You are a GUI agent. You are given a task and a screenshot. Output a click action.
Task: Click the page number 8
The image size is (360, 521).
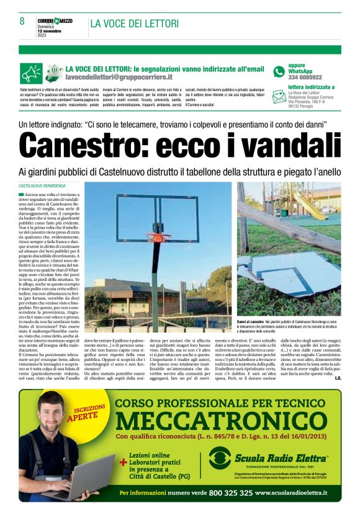pyautogui.click(x=22, y=22)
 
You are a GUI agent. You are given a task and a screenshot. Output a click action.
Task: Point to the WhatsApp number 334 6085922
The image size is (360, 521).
pyautogui.click(x=305, y=78)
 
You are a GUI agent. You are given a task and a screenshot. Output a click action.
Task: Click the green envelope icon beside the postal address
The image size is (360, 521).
pyautogui.click(x=279, y=97)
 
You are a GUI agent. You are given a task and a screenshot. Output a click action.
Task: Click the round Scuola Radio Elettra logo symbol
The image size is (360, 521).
pyautogui.click(x=221, y=459)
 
